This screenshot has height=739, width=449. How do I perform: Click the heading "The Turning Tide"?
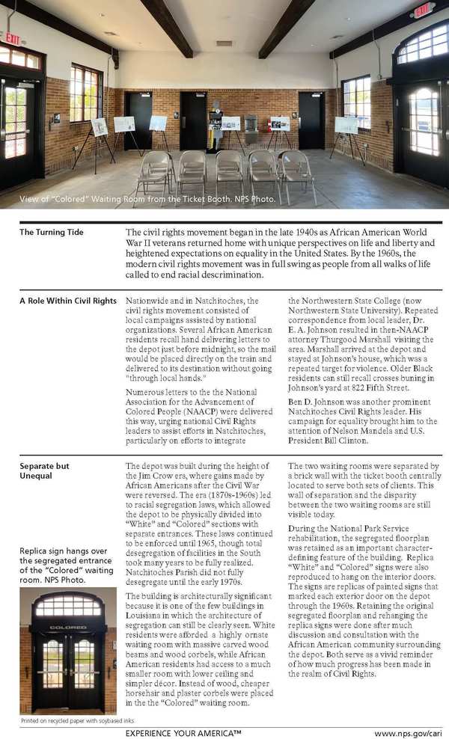coord(51,233)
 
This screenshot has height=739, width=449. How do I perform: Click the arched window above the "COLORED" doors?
coord(69,603)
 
